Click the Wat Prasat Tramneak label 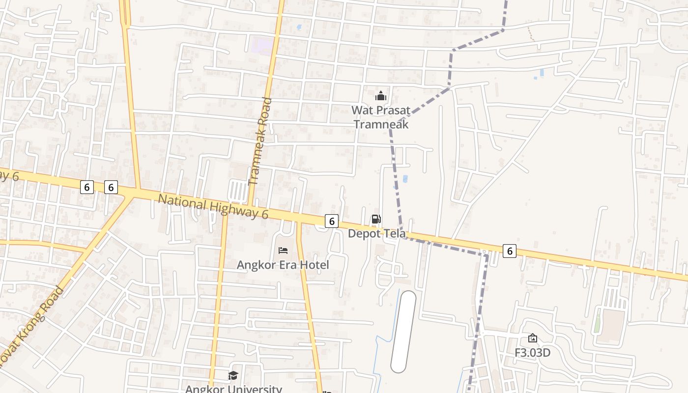381,117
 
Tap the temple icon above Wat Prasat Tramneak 380,96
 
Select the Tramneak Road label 260,141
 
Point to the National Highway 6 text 213,206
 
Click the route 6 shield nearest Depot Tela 332,222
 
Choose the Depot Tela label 377,234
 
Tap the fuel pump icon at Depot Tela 376,219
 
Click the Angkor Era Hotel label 283,265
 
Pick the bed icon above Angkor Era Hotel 283,251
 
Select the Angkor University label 233,389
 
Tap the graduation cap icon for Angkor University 233,376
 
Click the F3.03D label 532,353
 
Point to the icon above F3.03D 532,338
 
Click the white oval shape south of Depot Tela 403,332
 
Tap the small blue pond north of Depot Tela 405,179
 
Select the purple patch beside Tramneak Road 261,46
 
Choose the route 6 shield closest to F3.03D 510,251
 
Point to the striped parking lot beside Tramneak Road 238,190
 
